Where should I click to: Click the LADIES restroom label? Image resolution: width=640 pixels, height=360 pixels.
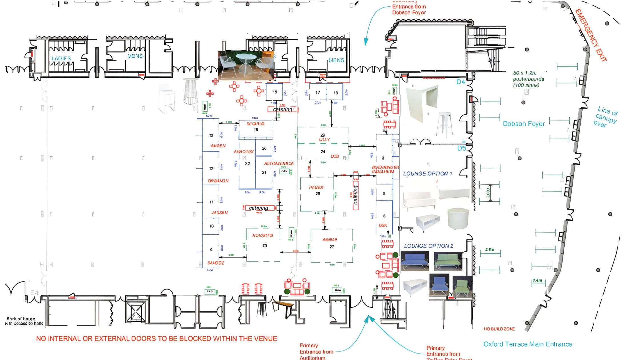(61, 59)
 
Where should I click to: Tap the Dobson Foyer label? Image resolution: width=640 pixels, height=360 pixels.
(524, 124)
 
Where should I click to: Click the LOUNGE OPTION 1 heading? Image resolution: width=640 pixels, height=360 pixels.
(427, 174)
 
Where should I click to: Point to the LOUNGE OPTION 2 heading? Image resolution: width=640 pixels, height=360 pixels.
(428, 246)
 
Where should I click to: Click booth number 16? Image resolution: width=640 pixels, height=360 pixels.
(275, 92)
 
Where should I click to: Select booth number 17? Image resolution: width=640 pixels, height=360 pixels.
(318, 92)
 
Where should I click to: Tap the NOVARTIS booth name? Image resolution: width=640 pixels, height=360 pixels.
(263, 235)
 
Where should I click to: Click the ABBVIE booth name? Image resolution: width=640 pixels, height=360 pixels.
(330, 240)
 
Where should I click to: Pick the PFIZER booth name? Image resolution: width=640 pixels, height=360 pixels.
(316, 188)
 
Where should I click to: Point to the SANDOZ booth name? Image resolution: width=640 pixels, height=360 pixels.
(216, 263)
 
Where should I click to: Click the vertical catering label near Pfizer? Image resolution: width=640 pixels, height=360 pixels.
(356, 195)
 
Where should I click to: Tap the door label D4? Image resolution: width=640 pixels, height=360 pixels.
(461, 82)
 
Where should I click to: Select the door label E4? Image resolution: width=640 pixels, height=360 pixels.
(34, 293)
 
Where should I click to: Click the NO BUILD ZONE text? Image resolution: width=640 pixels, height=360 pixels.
(499, 329)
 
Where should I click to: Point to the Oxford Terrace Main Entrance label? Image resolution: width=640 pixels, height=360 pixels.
(527, 344)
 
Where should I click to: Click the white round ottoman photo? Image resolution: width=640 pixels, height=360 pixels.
(458, 218)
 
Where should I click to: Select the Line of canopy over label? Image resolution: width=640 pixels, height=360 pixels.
(606, 117)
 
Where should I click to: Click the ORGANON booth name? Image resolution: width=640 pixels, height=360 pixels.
(218, 181)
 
